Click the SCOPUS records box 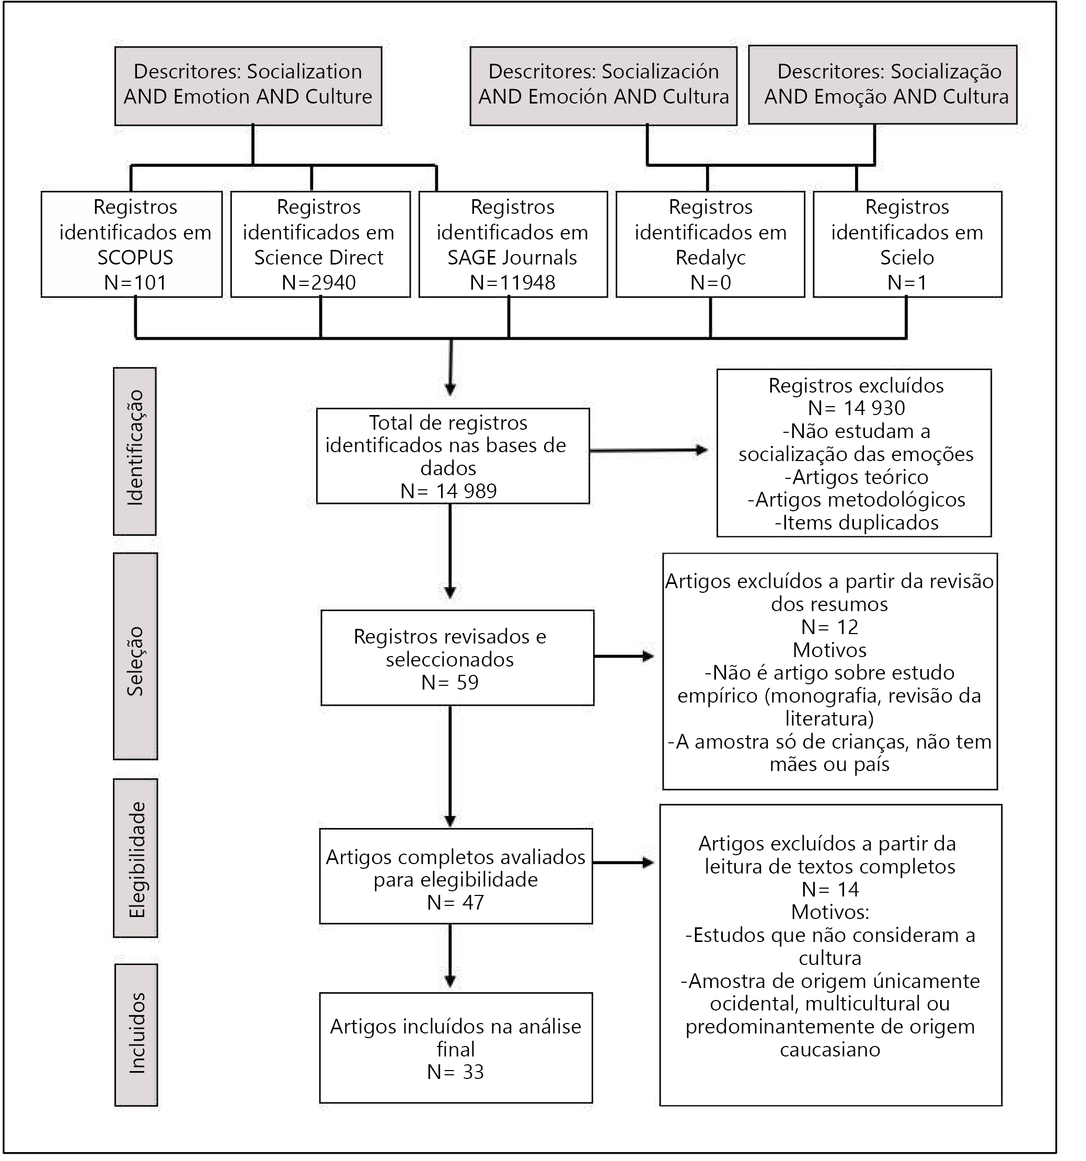pyautogui.click(x=132, y=244)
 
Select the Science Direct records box pyautogui.click(x=320, y=244)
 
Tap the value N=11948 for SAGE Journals pyautogui.click(x=513, y=283)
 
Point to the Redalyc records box pyautogui.click(x=711, y=244)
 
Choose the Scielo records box pyautogui.click(x=907, y=244)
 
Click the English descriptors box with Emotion pyautogui.click(x=248, y=86)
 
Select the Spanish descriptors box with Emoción pyautogui.click(x=604, y=86)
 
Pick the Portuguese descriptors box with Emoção pyautogui.click(x=883, y=85)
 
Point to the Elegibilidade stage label pyautogui.click(x=136, y=858)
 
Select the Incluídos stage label pyautogui.click(x=136, y=1035)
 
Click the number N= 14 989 pyautogui.click(x=448, y=491)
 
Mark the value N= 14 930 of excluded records pyautogui.click(x=857, y=408)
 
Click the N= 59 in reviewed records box pyautogui.click(x=449, y=682)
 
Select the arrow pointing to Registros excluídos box pyautogui.click(x=649, y=450)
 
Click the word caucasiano pyautogui.click(x=830, y=1050)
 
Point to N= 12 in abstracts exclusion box pyautogui.click(x=830, y=627)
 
